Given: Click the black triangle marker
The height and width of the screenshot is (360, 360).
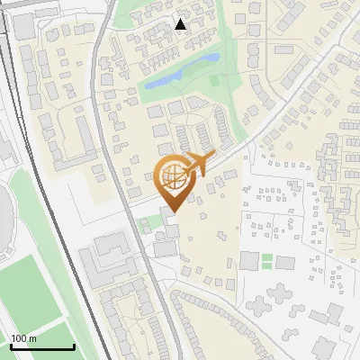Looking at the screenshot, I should click(181, 24).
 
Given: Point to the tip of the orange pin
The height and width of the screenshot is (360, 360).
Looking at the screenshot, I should click(171, 212).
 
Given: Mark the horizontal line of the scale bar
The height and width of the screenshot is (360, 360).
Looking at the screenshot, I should click(42, 347).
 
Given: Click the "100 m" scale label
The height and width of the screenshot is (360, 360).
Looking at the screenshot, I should click(24, 338).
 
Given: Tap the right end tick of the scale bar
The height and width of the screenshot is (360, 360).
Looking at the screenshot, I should click(74, 346).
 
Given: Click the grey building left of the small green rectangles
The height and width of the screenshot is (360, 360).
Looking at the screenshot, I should click(249, 261).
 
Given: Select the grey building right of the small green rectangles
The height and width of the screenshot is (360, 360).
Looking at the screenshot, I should click(285, 263).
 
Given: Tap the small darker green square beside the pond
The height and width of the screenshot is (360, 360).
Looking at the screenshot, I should click(214, 79).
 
